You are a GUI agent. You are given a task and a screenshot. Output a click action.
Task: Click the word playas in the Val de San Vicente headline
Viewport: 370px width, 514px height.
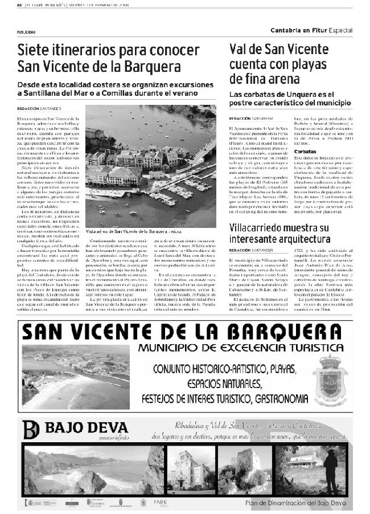click(x=314, y=64)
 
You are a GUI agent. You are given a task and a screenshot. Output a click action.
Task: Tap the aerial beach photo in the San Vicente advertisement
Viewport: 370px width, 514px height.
click(x=75, y=377)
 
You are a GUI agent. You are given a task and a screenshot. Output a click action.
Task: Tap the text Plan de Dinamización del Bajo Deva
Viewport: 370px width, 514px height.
click(x=295, y=503)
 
